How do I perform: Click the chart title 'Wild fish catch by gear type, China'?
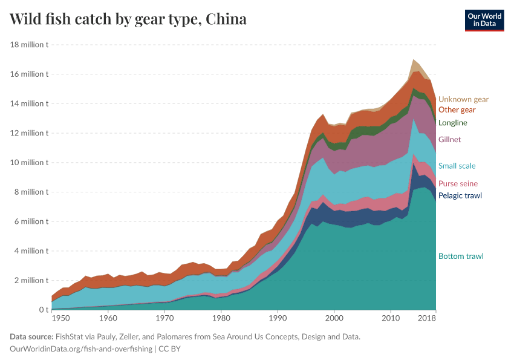(x=128, y=19)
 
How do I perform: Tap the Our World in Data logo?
(x=484, y=20)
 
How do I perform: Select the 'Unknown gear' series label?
(x=463, y=99)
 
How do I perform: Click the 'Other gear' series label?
(x=457, y=110)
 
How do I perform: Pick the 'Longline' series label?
(x=453, y=123)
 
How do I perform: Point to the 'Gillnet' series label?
(x=449, y=140)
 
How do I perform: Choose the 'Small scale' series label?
(x=457, y=166)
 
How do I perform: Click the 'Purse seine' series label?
(x=458, y=184)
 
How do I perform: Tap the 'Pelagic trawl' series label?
(x=460, y=195)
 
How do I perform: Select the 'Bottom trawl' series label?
(x=461, y=256)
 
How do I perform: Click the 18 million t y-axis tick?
(x=30, y=45)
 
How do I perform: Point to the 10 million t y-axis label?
(x=30, y=163)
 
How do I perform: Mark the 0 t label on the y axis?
(x=43, y=310)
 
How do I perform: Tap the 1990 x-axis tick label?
(x=278, y=318)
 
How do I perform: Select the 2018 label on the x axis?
(x=427, y=318)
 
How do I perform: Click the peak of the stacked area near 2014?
(x=414, y=60)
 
